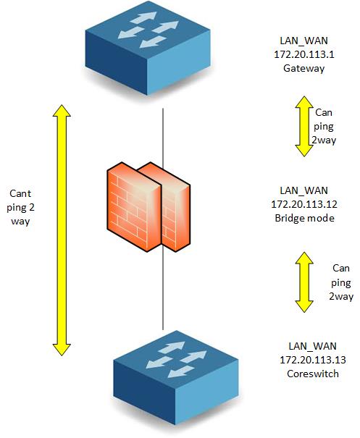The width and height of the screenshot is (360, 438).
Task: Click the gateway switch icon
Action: (148, 48)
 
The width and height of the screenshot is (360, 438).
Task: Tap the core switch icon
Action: (176, 378)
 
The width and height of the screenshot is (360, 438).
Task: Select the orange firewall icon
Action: (148, 207)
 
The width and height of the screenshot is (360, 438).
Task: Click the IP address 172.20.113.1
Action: (304, 54)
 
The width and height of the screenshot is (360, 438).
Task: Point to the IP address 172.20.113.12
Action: (304, 204)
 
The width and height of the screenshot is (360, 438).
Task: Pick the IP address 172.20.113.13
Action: (313, 360)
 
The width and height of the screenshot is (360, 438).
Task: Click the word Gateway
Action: (304, 69)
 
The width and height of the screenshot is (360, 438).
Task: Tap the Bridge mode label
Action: (304, 218)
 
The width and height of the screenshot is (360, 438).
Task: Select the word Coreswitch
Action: (313, 374)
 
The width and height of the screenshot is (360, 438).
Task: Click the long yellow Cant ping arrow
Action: (62, 230)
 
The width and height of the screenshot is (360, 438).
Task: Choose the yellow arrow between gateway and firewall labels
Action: (304, 126)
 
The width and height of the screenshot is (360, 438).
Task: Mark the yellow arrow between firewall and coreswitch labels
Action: (304, 282)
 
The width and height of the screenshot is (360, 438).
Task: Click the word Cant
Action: (20, 193)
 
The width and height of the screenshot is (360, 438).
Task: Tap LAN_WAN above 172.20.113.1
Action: (304, 41)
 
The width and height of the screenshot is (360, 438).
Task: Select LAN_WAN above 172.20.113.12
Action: (304, 190)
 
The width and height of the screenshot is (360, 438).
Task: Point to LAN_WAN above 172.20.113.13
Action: (312, 346)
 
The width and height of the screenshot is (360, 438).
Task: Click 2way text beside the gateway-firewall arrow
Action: (324, 140)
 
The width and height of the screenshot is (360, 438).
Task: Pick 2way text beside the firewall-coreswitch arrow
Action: (341, 296)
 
